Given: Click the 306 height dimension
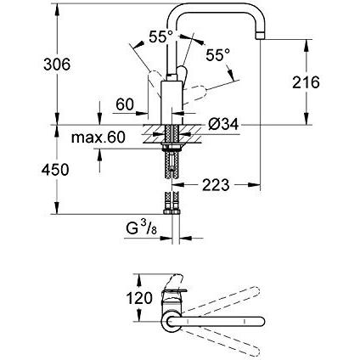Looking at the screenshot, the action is tap(57, 65).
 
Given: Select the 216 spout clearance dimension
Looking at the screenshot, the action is tap(306, 82).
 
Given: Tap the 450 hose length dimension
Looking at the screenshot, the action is tap(55, 170).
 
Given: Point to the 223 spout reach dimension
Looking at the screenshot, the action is tap(216, 185).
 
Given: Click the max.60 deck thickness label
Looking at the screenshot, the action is tap(98, 138).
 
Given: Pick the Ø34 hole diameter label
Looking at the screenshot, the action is tap(223, 124).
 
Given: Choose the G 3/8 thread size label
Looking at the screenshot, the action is tap(141, 228).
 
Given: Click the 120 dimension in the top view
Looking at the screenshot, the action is tap(139, 298).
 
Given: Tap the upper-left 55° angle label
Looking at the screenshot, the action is tap(161, 37).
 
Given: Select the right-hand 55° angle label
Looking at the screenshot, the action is tap(218, 54).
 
